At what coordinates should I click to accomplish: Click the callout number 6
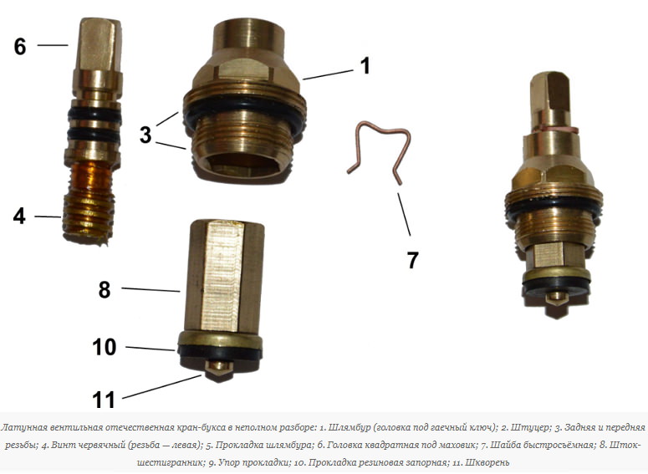click(x=20, y=46)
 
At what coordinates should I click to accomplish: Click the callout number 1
click(x=365, y=66)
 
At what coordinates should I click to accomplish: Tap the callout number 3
click(x=145, y=135)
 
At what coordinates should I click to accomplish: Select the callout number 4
click(x=19, y=216)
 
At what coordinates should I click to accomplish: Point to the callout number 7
click(x=412, y=260)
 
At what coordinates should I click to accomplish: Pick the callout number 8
click(x=105, y=290)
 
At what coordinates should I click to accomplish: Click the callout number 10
click(x=105, y=347)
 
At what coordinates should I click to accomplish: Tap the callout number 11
click(x=104, y=400)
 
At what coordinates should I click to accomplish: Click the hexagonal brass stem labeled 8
click(x=224, y=276)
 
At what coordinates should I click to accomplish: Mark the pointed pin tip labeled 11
click(x=217, y=369)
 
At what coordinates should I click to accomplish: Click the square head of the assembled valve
click(x=550, y=96)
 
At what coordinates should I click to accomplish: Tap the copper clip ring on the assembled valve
click(x=555, y=130)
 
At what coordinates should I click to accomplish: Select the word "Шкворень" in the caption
click(x=487, y=462)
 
